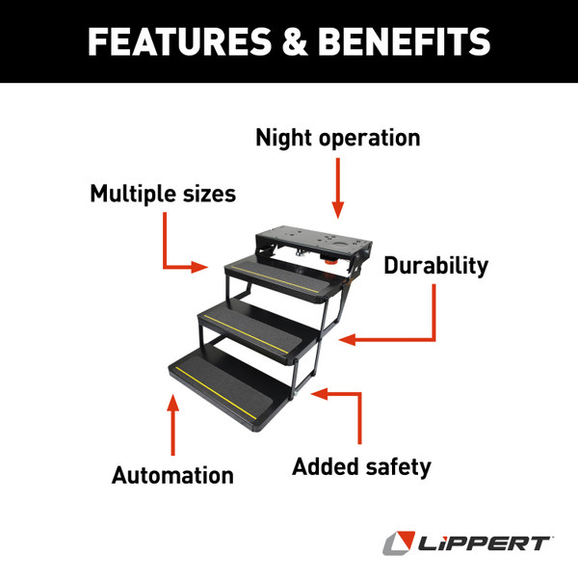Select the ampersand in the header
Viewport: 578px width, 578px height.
coord(286,41)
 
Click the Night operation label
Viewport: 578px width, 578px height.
coord(337,138)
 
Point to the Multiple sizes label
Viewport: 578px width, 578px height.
coord(163,194)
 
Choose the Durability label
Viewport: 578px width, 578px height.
coord(435,266)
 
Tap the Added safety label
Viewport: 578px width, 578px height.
coord(361,467)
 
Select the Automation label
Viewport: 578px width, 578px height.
coord(172,475)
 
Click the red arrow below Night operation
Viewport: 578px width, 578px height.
coord(337,188)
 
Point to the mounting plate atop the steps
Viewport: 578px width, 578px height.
coord(308,235)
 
